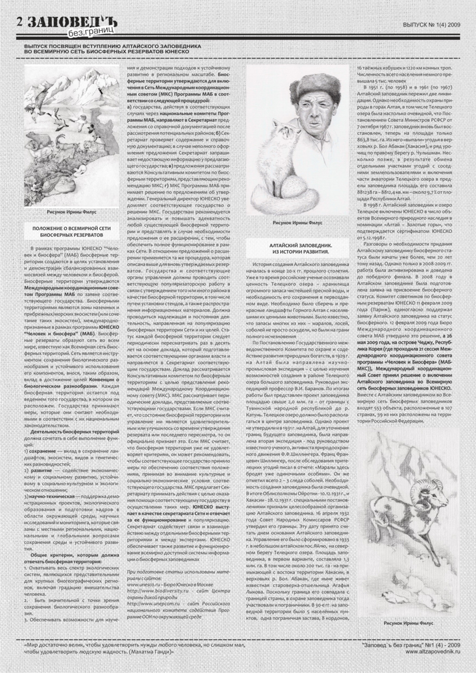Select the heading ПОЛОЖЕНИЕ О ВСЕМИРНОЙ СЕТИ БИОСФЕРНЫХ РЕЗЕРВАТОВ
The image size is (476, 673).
pos(71,232)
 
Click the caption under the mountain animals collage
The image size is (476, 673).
pos(72,211)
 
